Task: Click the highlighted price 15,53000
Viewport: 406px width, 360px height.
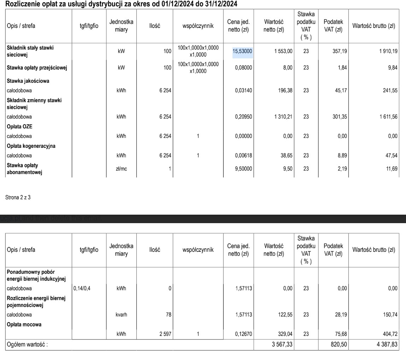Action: pos(242,52)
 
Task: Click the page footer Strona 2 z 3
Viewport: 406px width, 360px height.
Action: pos(18,197)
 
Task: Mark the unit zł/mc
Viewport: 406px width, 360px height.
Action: pos(121,169)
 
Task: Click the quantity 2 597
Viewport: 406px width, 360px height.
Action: pos(164,333)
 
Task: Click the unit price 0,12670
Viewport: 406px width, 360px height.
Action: pos(243,333)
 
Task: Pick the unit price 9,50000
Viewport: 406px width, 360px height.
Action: pos(243,169)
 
